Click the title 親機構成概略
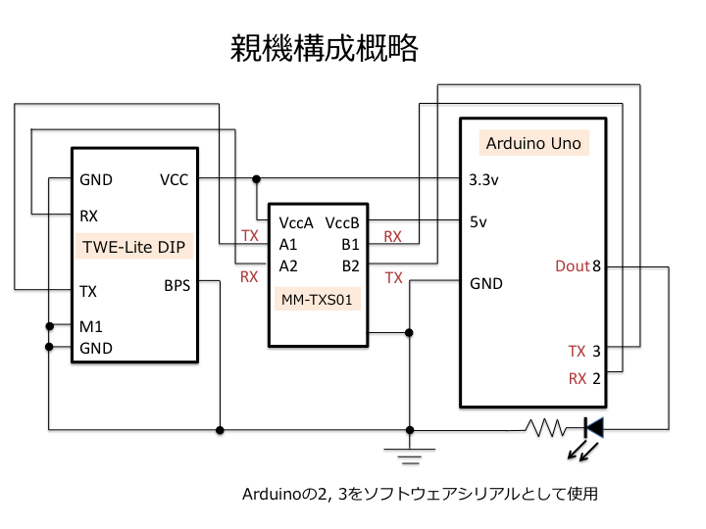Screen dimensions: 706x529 point(325,48)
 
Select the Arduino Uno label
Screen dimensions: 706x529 point(533,143)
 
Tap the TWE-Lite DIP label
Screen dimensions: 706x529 point(133,247)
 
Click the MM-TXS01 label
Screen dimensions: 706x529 point(317,299)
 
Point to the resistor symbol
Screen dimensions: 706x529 point(546,428)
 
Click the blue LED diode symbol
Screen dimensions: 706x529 point(594,427)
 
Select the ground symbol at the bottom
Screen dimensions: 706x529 point(409,456)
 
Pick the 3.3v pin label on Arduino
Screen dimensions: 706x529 point(483,180)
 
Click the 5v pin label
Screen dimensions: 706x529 point(479,221)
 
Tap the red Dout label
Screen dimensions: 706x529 point(573,265)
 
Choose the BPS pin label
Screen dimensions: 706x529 point(176,286)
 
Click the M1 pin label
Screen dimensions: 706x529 point(91,326)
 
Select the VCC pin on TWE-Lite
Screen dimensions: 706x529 point(174,180)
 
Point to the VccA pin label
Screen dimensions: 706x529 point(296,222)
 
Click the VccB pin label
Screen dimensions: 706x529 point(342,222)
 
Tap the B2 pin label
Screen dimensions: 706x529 point(351,265)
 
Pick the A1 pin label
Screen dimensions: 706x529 point(288,244)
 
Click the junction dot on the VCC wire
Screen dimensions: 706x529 point(256,179)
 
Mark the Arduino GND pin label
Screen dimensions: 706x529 point(486,283)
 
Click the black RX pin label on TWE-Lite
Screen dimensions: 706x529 point(88,216)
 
